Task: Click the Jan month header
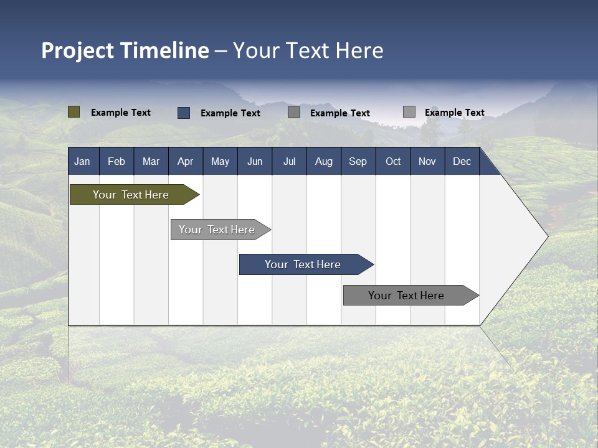click(82, 161)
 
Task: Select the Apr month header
click(185, 161)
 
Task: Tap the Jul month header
click(289, 161)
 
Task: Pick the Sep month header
click(358, 161)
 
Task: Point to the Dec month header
click(462, 161)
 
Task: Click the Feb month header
click(116, 161)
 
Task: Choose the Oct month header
click(393, 161)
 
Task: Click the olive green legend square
click(74, 112)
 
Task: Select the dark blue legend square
click(183, 113)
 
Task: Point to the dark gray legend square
click(294, 113)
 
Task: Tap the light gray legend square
click(409, 112)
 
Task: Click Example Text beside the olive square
click(121, 113)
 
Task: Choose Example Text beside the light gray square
click(455, 113)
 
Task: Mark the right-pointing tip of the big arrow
click(546, 236)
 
